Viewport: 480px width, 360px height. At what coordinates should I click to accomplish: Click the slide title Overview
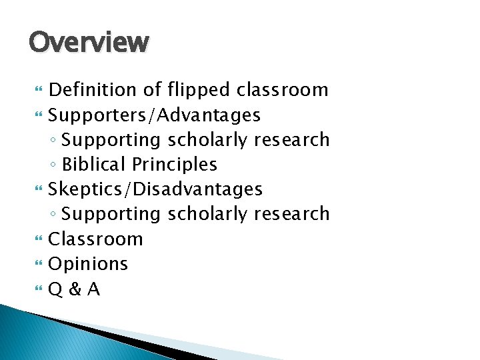click(89, 43)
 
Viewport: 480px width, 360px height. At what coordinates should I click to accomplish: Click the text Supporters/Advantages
click(155, 115)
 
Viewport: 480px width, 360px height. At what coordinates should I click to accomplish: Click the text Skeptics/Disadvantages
click(156, 189)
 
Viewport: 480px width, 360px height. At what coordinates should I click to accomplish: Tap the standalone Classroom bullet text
click(96, 239)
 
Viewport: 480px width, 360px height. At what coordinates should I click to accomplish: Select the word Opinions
click(89, 264)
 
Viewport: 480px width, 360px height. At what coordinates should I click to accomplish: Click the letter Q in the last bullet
click(56, 289)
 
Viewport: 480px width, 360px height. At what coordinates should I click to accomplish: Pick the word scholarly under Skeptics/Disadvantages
click(207, 214)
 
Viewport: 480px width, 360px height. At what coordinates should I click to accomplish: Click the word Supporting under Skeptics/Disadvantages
click(111, 215)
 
